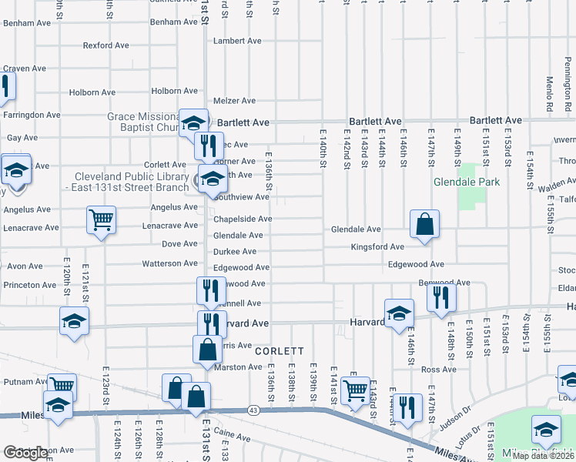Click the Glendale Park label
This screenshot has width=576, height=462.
pyautogui.click(x=467, y=182)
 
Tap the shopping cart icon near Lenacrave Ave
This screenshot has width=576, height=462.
pyautogui.click(x=101, y=221)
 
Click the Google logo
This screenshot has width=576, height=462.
pyautogui.click(x=25, y=453)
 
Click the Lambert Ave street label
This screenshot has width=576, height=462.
pyautogui.click(x=235, y=40)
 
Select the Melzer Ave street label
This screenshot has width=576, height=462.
pyautogui.click(x=234, y=101)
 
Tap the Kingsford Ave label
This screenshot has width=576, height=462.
pyautogui.click(x=377, y=247)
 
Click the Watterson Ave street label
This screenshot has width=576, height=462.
pyautogui.click(x=169, y=263)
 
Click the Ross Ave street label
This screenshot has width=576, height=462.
pyautogui.click(x=440, y=370)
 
